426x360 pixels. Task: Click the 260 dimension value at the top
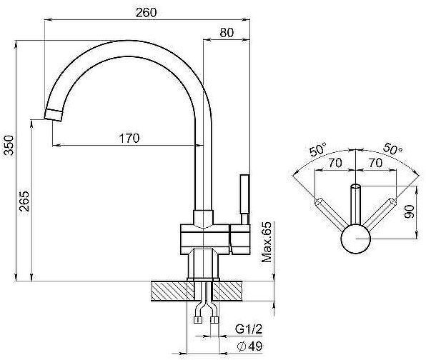[146, 12]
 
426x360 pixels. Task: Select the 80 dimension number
[227, 33]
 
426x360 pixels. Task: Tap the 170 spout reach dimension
[129, 138]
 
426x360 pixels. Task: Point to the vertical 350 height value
[9, 145]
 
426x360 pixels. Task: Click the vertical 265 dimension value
[24, 201]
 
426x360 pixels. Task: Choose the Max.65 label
[267, 242]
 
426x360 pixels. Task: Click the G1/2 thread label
[249, 329]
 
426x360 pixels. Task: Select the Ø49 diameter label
[249, 346]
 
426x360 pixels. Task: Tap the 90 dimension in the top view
[409, 211]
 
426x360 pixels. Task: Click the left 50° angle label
[318, 149]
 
